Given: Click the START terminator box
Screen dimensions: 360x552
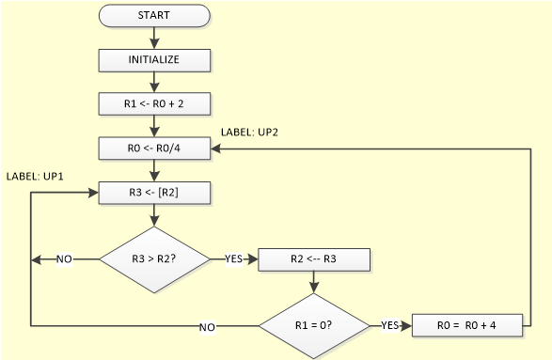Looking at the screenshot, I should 154,16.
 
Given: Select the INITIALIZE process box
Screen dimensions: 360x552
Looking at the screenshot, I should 154,59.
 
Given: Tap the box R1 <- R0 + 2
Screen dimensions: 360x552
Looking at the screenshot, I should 154,102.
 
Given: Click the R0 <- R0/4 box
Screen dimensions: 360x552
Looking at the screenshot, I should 154,148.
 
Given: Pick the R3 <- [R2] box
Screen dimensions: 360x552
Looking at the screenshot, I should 154,193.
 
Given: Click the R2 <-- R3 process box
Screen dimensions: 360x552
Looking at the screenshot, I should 313,259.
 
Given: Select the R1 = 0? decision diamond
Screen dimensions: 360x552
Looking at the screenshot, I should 313,325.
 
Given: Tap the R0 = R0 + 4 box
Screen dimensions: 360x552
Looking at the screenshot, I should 466,325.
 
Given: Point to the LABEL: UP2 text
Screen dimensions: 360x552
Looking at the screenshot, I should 249,133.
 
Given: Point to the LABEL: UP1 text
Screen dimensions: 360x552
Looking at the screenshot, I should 34,177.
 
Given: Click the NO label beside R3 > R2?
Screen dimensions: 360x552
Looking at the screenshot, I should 64,259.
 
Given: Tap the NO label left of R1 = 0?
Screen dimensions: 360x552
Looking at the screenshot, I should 208,326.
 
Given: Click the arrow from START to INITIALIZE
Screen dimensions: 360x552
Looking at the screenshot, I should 154,38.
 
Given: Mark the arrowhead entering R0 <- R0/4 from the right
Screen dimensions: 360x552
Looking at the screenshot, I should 216,148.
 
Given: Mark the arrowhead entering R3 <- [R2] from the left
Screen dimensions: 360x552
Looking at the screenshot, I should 92,193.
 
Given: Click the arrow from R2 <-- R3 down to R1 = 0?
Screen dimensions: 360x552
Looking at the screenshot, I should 313,281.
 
